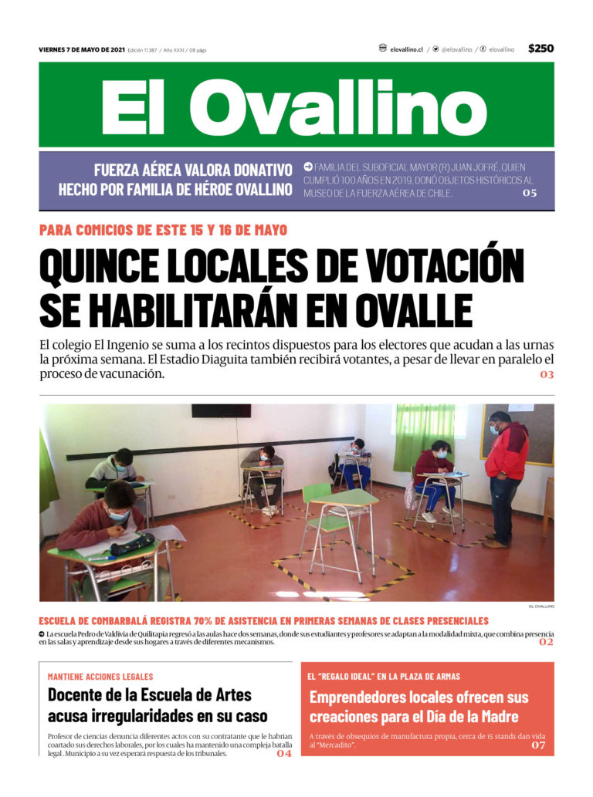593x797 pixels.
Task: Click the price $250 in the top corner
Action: [x=540, y=49]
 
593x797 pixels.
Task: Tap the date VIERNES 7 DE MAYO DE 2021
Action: [x=81, y=50]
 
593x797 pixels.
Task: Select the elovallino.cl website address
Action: [x=406, y=49]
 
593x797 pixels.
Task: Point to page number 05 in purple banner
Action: [x=529, y=193]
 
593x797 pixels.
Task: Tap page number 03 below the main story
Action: [x=546, y=375]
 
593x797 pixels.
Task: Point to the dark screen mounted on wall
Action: [x=221, y=410]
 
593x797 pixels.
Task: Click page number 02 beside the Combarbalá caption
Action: [x=546, y=642]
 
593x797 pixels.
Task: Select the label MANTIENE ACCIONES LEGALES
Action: [x=100, y=677]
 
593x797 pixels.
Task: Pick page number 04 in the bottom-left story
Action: [x=283, y=754]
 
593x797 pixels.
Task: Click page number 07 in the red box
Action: [x=538, y=746]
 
